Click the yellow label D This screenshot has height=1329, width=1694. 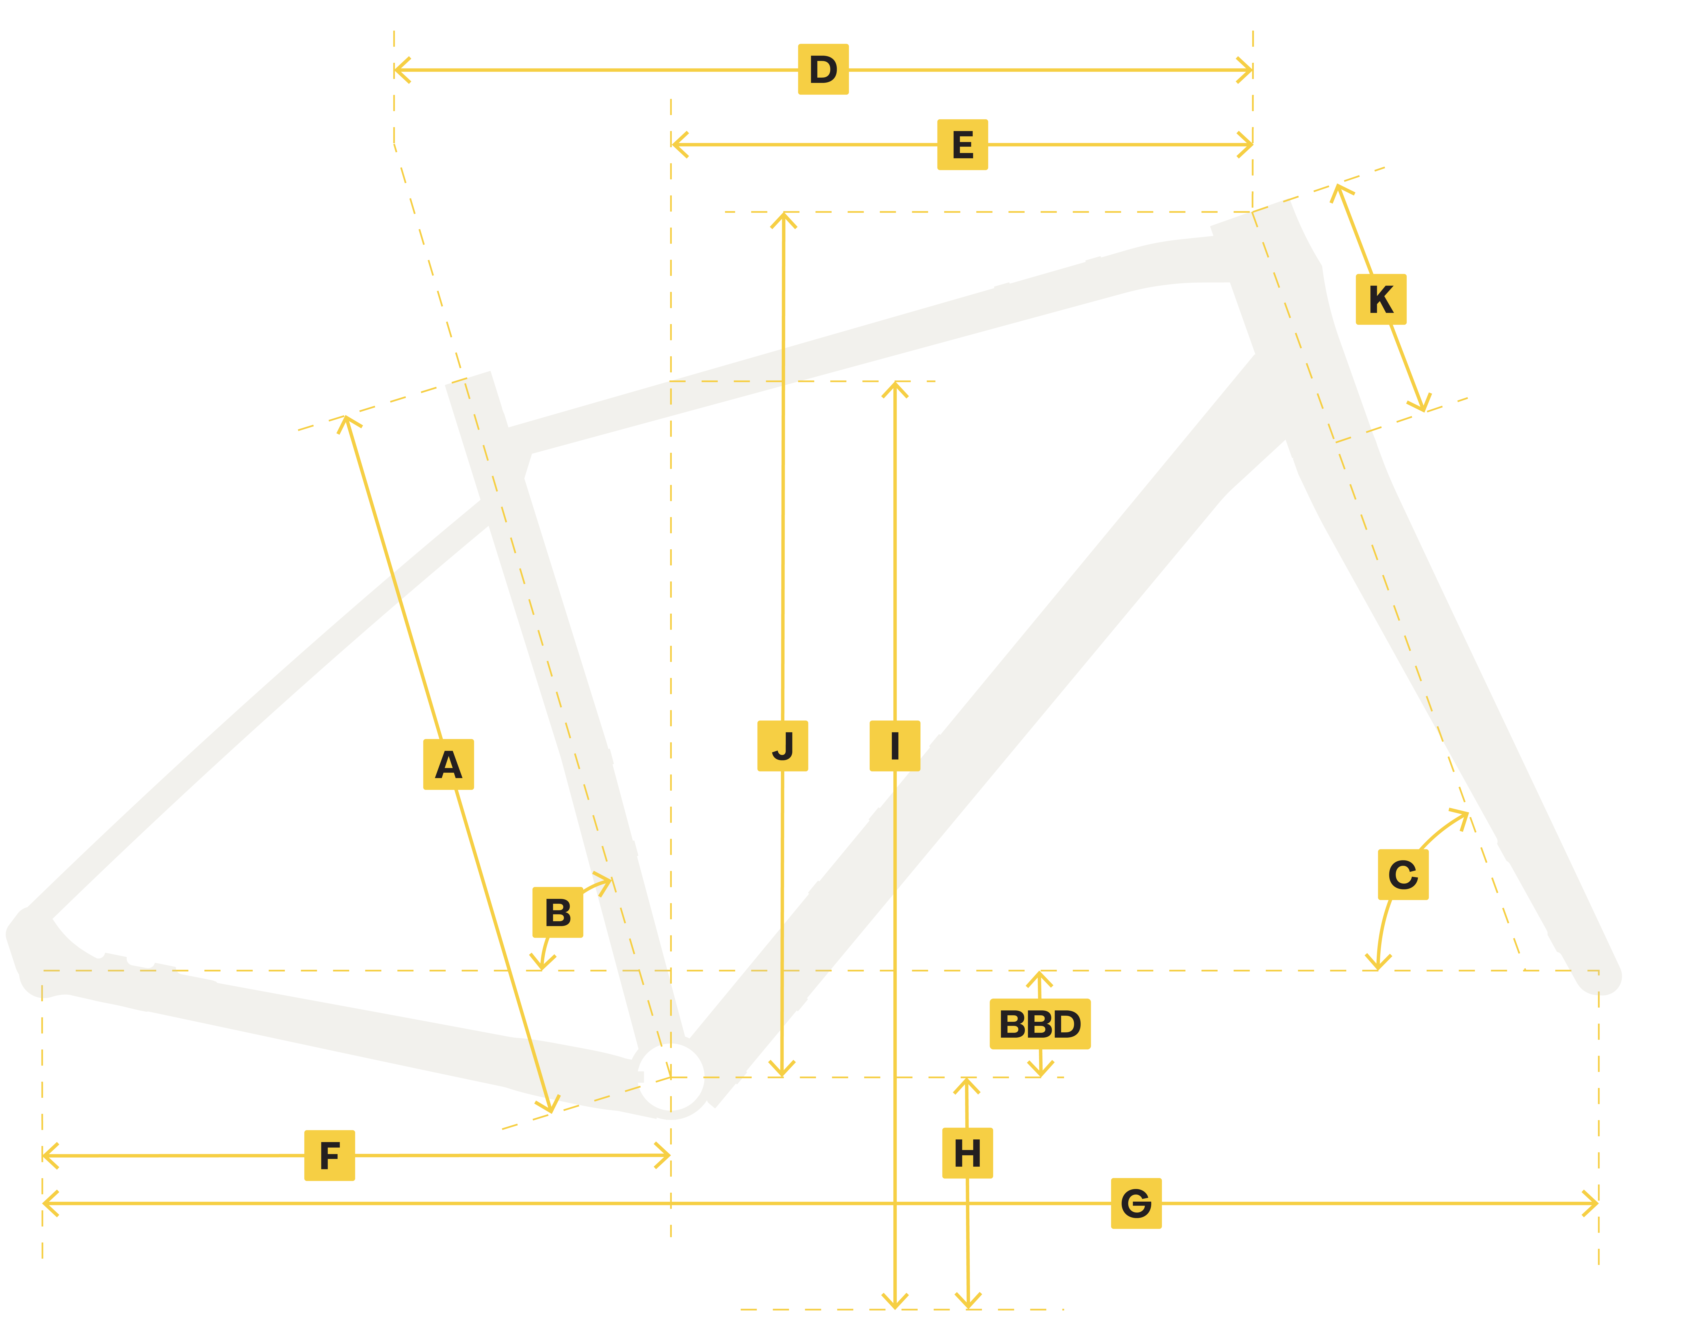coord(823,69)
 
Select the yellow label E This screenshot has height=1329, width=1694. coord(962,145)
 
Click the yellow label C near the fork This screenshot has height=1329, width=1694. coord(1402,874)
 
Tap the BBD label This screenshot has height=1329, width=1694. coord(1040,1024)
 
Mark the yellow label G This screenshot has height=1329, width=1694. coord(1136,1204)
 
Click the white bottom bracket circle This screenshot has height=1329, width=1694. coord(670,1077)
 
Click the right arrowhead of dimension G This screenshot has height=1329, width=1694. coord(1594,1204)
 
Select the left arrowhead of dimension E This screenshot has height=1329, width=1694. coord(675,145)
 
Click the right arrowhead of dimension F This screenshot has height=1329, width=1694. coord(667,1155)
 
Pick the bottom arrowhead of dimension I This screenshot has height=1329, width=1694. coord(895,1305)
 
